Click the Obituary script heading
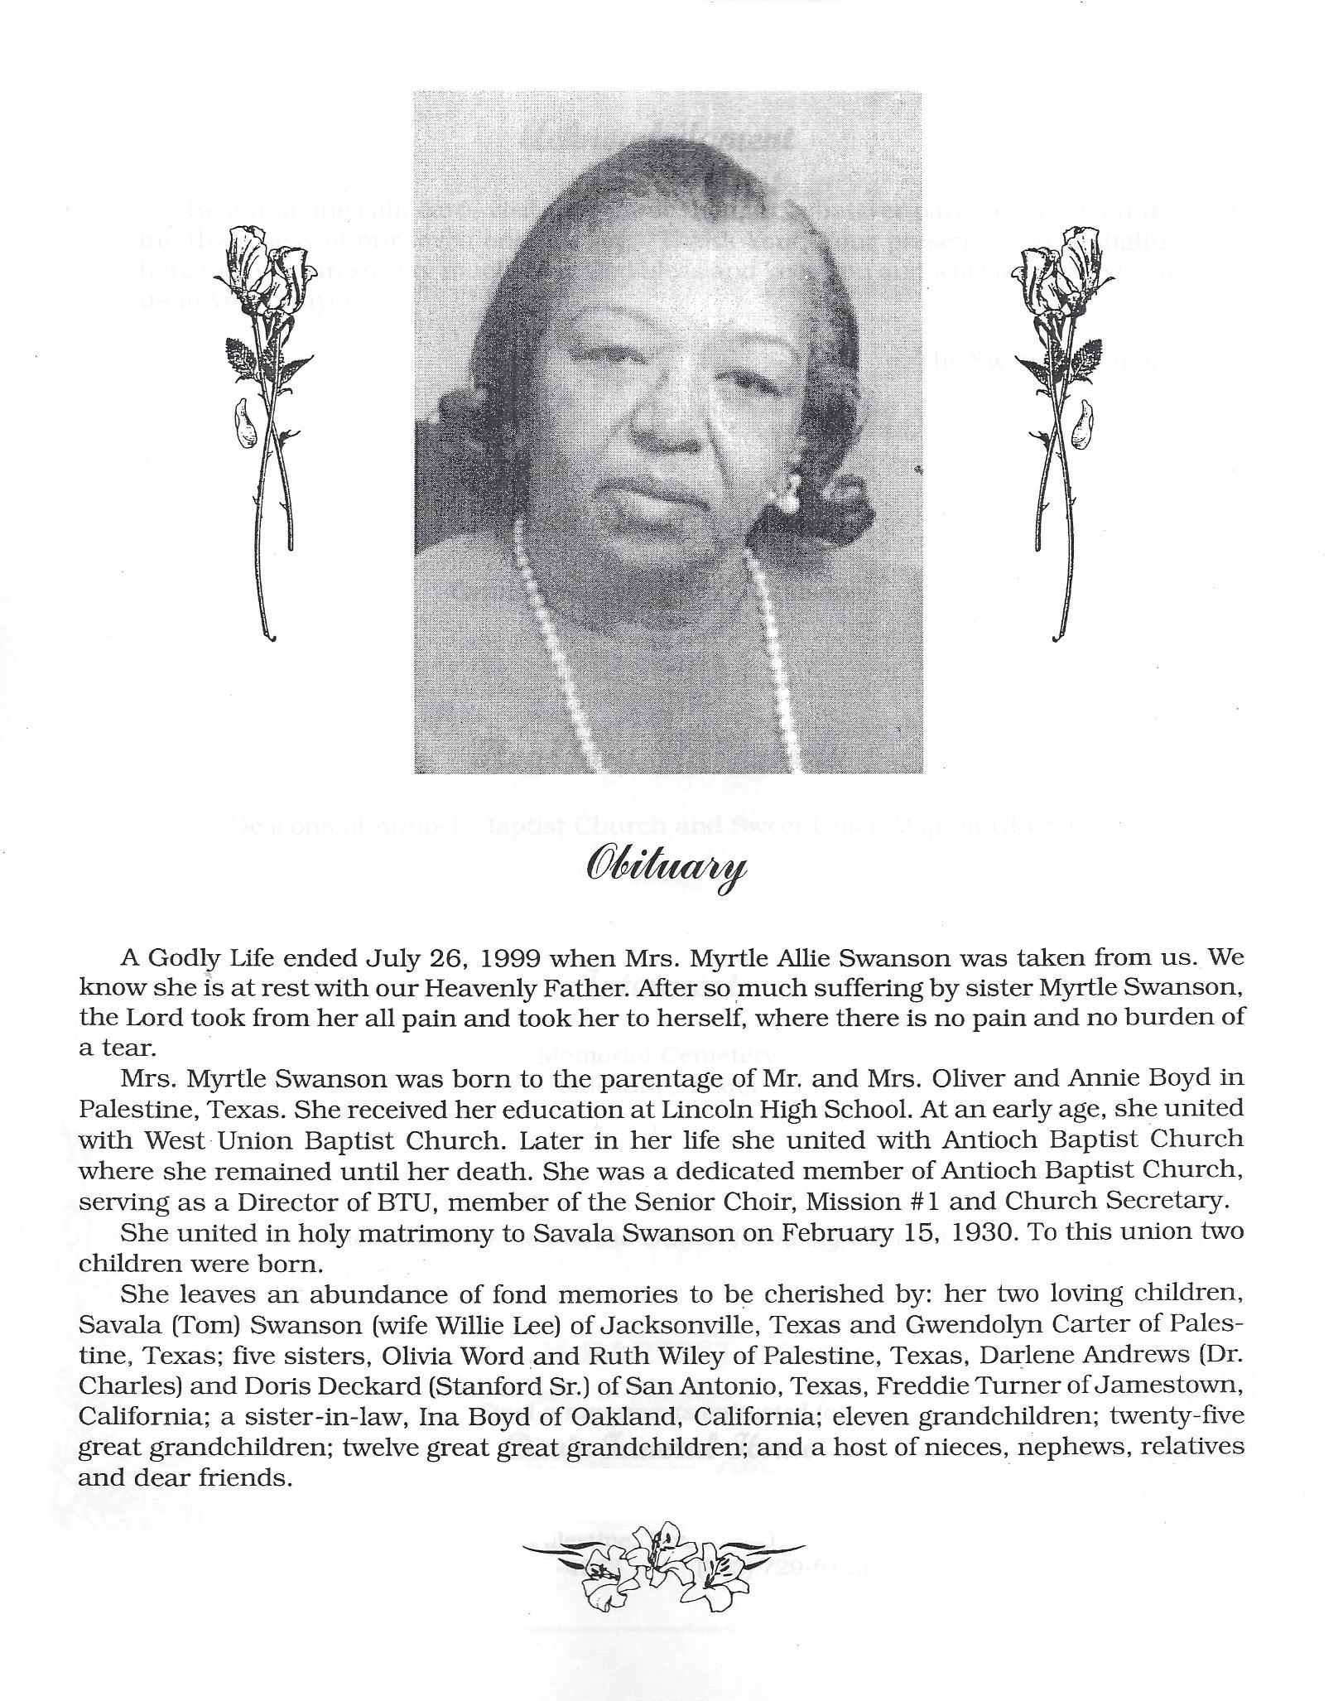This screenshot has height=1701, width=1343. coord(665,869)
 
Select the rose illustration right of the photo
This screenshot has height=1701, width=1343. coord(1066,431)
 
